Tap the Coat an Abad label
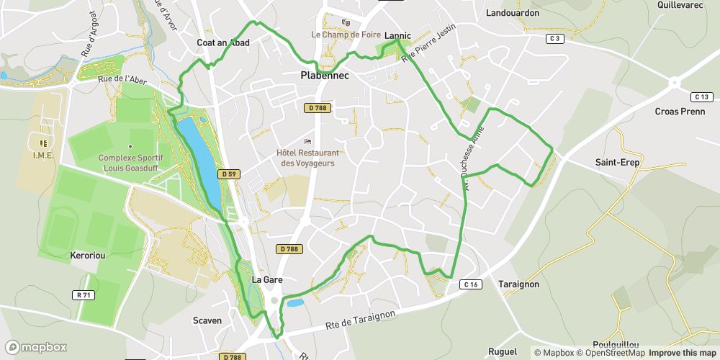(x=223, y=43)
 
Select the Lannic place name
(x=397, y=35)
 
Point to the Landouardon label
(x=513, y=13)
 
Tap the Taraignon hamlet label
(x=518, y=284)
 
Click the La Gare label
(x=266, y=279)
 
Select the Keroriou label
(x=89, y=256)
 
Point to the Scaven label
(x=207, y=320)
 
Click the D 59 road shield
(x=229, y=174)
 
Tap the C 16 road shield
(x=471, y=285)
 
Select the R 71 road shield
(x=84, y=295)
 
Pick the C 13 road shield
(x=701, y=96)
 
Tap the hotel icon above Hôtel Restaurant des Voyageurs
(x=308, y=141)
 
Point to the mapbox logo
(x=36, y=347)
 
